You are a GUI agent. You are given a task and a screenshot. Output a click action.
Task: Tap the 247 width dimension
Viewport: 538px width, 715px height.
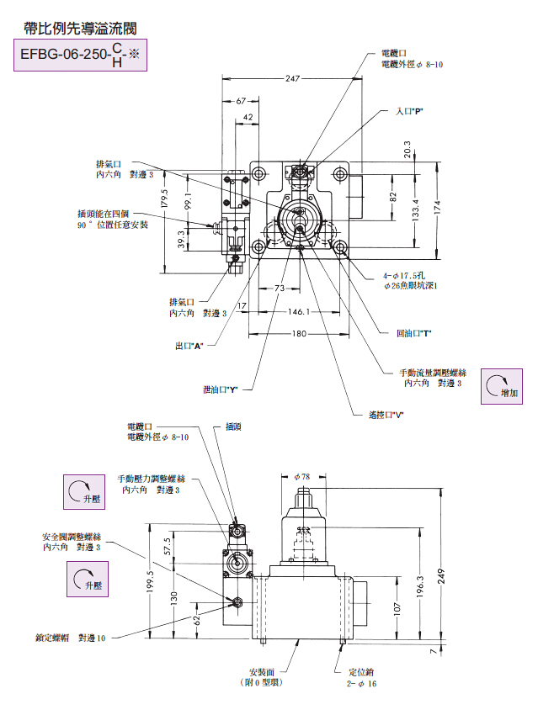(292, 78)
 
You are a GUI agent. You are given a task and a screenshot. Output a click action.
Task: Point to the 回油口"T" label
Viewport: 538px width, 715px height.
(413, 333)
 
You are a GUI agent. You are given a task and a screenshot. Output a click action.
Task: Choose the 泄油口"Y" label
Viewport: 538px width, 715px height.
(221, 389)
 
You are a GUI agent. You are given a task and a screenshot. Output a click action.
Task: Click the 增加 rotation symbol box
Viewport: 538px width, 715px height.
(502, 386)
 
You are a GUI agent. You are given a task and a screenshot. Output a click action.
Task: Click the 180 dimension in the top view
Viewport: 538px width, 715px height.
(298, 334)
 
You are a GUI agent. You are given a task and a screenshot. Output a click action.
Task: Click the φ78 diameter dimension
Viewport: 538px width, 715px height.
(301, 476)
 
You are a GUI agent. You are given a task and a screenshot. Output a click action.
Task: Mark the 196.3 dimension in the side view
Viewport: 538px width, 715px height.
(419, 586)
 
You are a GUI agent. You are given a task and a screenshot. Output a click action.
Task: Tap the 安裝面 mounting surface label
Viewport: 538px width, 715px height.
(260, 673)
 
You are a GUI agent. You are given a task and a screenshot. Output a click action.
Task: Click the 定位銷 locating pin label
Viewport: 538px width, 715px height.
(362, 673)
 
